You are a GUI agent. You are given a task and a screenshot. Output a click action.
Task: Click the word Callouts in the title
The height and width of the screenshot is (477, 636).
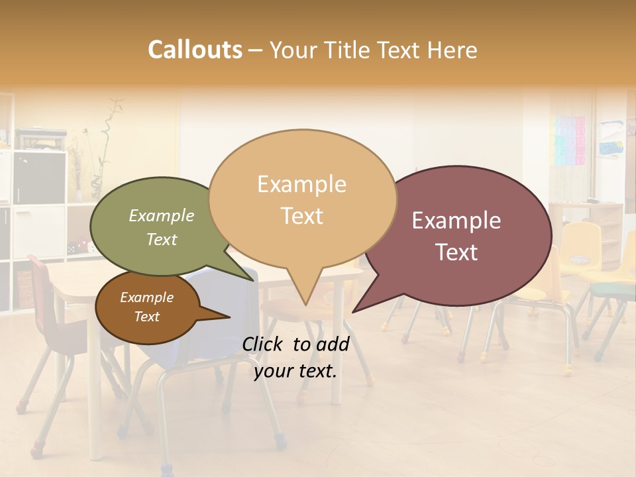tap(195, 50)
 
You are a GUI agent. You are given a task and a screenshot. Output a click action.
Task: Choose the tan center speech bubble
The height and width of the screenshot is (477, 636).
tap(302, 199)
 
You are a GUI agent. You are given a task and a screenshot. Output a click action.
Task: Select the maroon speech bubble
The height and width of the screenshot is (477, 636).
tap(457, 235)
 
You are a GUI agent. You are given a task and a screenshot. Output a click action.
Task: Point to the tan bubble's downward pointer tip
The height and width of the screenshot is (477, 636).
tap(305, 304)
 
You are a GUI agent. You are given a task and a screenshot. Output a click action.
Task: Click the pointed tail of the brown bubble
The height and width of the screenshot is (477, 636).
tap(229, 317)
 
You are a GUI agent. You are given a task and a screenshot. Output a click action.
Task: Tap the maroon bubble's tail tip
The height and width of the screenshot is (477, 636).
tap(353, 311)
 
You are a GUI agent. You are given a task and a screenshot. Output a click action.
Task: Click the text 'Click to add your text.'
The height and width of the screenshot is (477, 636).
tap(295, 357)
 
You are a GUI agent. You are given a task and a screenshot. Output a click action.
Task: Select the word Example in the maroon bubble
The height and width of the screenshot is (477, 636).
tap(456, 221)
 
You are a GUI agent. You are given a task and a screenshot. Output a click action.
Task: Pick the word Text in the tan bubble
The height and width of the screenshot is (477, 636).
tap(302, 216)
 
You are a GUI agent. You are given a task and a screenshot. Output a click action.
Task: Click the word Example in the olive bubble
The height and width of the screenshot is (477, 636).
tap(162, 215)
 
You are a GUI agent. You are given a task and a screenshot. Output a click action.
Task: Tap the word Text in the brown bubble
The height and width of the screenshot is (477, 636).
tap(147, 317)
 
